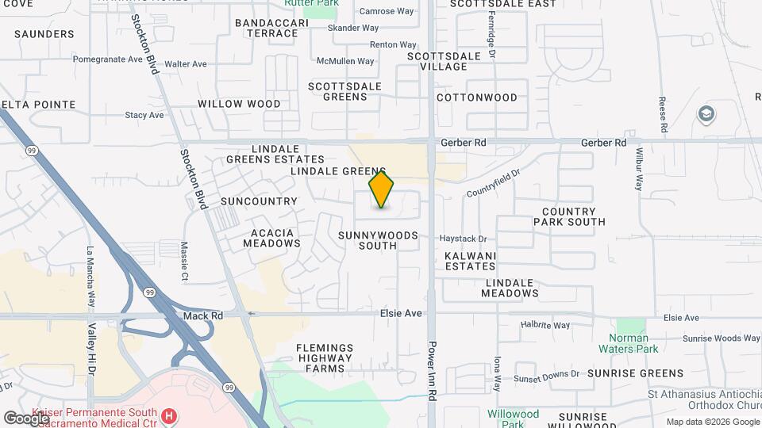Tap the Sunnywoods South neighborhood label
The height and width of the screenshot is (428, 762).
378,240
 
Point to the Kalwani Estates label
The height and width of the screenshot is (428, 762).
470,261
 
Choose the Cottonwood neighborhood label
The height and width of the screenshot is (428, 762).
477,97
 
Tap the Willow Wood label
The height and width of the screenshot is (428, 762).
239,104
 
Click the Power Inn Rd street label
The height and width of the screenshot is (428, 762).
433,370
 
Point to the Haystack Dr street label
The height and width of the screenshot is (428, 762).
464,239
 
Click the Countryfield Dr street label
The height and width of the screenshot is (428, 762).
492,183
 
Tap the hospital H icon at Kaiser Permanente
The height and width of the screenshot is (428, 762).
168,415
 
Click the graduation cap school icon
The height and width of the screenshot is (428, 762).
705,115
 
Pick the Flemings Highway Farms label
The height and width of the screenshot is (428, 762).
324,357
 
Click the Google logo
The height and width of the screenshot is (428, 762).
26,418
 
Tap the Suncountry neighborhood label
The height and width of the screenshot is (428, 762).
259,201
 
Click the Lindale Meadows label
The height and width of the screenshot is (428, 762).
511,288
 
